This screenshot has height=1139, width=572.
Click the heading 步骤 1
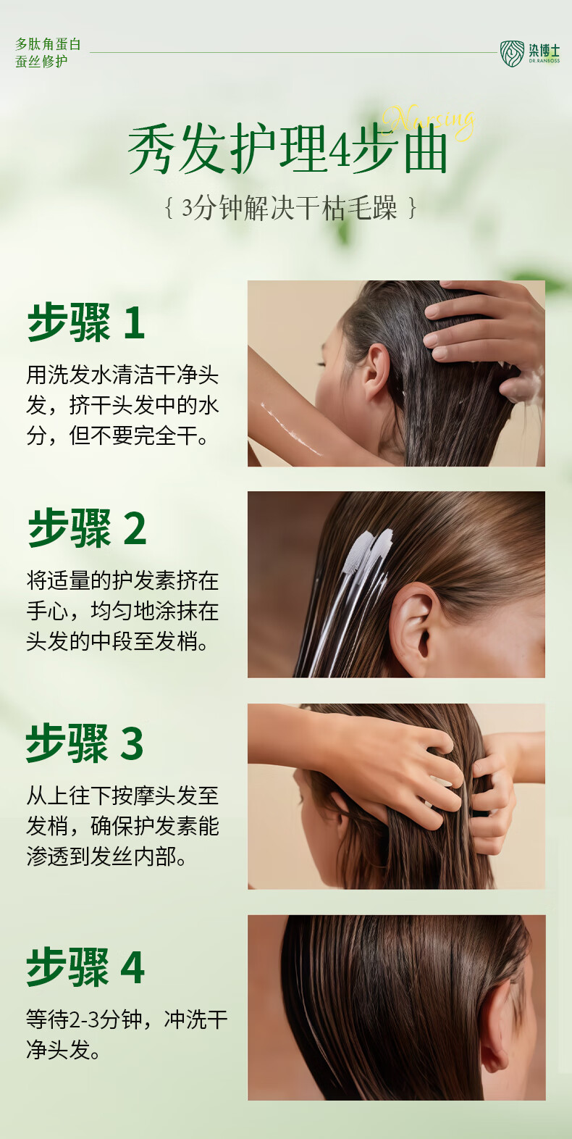(x=86, y=322)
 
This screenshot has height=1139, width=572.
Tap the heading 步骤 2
(x=88, y=527)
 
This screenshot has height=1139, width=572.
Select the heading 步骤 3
(x=85, y=743)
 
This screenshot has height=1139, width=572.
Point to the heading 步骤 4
(x=85, y=967)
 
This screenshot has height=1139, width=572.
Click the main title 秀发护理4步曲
(x=287, y=150)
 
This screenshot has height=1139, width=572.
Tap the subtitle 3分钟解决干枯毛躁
(x=290, y=209)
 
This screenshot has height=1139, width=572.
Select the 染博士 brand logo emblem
(x=512, y=54)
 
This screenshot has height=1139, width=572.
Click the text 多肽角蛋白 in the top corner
(x=49, y=44)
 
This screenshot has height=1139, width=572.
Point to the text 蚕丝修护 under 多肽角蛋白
(x=42, y=62)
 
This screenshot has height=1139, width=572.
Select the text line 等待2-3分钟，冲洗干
(x=127, y=1020)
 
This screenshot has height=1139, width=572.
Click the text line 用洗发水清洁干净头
(x=122, y=375)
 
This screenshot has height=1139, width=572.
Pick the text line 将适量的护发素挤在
(x=122, y=580)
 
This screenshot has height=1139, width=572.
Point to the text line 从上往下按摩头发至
(x=122, y=796)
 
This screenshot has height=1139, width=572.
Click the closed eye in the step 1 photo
(x=321, y=364)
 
